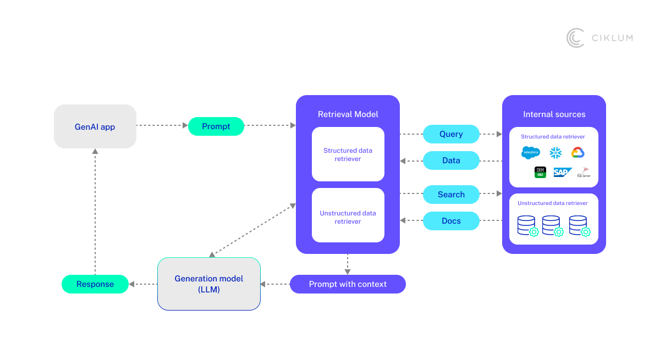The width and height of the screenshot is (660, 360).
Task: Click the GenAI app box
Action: click(x=95, y=126)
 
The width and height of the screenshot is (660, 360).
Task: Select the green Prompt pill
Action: click(x=216, y=126)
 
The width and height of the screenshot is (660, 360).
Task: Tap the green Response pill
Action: click(x=95, y=284)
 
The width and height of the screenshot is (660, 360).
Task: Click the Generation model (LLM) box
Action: click(x=209, y=284)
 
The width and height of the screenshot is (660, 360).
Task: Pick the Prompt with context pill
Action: click(x=348, y=284)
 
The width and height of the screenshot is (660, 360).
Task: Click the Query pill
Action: click(x=451, y=134)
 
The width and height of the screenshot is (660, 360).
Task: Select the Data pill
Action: click(x=451, y=160)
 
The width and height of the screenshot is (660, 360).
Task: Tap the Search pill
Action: click(x=451, y=195)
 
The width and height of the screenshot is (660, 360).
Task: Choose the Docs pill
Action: click(x=451, y=221)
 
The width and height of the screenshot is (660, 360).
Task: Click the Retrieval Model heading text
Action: click(x=348, y=114)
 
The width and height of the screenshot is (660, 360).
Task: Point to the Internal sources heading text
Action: click(x=554, y=114)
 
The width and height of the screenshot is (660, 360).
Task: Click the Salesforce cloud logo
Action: click(x=530, y=153)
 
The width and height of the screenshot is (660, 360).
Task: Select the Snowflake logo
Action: click(x=555, y=153)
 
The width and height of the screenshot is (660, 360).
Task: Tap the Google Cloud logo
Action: click(x=577, y=152)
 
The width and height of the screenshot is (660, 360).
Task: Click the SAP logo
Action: click(x=562, y=172)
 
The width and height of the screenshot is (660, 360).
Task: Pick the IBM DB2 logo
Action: click(x=540, y=172)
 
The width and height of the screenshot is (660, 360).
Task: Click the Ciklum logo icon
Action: click(x=575, y=38)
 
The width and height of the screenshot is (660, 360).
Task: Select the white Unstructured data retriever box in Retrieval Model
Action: click(x=348, y=215)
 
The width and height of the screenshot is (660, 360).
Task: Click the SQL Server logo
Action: click(x=584, y=172)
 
